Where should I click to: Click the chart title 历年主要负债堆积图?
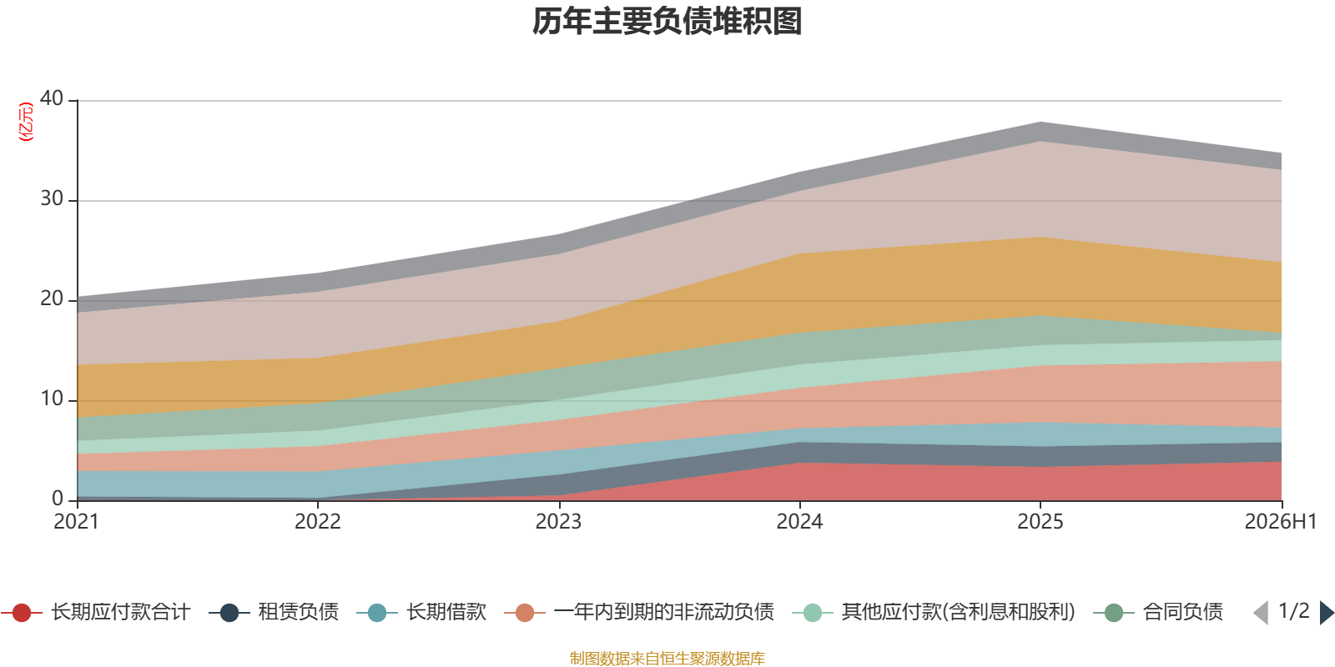pos(667,22)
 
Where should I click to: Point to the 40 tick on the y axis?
pos(52,98)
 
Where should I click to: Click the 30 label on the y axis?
pos(52,198)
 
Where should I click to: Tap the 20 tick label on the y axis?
pos(52,298)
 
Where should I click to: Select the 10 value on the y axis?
pos(52,399)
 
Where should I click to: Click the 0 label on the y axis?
pos(58,499)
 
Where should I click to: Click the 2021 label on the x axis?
pos(76,522)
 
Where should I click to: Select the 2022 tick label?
pos(318,522)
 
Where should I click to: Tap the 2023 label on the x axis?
pos(558,522)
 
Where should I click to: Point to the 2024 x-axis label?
pos(799,522)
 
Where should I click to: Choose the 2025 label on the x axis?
pos(1040,522)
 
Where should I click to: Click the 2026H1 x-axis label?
pos(1281,522)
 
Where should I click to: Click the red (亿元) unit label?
pos(26,122)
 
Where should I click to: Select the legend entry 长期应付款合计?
pos(96,612)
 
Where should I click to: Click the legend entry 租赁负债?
pos(274,612)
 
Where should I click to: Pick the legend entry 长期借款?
pos(421,612)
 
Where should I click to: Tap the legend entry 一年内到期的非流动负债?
pos(639,612)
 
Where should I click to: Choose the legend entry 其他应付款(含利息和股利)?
pos(934,612)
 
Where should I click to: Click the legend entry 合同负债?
pos(1159,612)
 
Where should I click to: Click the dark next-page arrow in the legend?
pos(1327,613)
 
